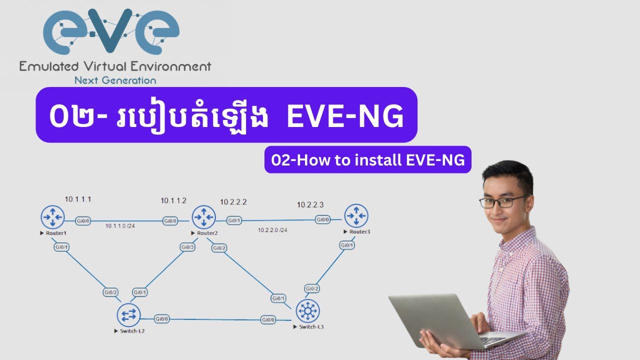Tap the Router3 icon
356,216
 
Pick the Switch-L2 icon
129,315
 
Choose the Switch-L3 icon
307,311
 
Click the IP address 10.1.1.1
78,199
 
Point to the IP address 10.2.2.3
310,204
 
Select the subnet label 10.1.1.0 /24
120,226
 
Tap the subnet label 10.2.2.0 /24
272,230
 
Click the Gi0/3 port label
187,247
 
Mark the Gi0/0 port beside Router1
83,220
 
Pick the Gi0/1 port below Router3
347,245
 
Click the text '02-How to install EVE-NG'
368,160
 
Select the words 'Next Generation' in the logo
115,80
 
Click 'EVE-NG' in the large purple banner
344,117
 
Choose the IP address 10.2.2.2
233,202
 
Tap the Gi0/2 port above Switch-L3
312,288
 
